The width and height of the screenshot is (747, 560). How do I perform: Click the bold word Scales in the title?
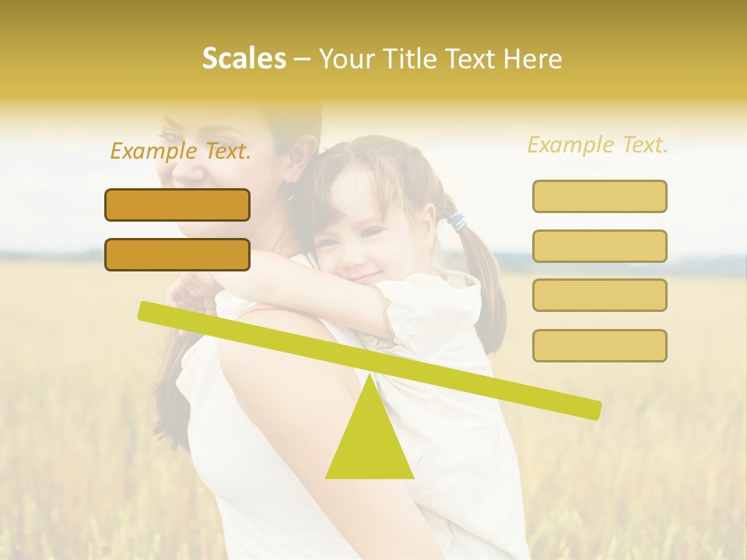click(x=244, y=59)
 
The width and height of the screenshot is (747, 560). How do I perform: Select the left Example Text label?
click(x=181, y=151)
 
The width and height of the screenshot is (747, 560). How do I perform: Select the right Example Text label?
click(x=598, y=145)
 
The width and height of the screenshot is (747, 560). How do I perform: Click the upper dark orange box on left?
click(x=177, y=205)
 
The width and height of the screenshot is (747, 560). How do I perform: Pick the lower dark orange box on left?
click(x=177, y=254)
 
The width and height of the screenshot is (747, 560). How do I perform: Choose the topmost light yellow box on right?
click(x=599, y=196)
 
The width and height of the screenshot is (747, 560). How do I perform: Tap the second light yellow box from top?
click(x=599, y=246)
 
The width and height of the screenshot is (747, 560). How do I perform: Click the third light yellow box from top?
click(x=599, y=295)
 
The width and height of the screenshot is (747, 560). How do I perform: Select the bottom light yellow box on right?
click(x=599, y=345)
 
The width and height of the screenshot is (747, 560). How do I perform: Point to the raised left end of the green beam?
click(x=148, y=310)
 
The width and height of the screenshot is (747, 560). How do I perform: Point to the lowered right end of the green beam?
click(x=591, y=409)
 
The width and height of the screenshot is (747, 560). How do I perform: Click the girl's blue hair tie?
click(x=454, y=223)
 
